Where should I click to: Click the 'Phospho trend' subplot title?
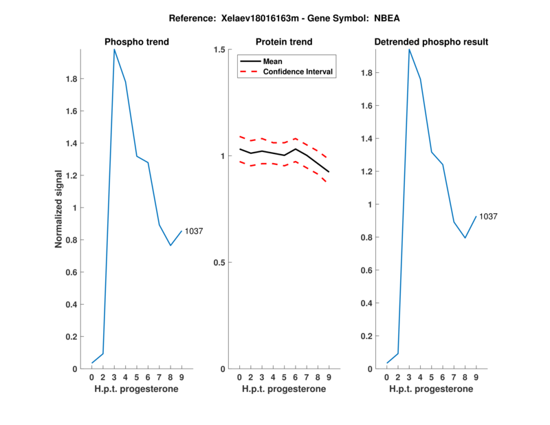[137, 42]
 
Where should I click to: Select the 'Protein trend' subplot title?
[284, 42]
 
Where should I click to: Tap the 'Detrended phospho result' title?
[431, 42]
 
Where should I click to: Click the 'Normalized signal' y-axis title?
[60, 209]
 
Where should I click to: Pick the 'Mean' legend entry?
[273, 61]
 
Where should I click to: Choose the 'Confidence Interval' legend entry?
[299, 72]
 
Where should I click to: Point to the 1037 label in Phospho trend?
[194, 232]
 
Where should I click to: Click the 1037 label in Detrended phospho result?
[488, 217]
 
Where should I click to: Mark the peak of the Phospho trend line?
[114, 50]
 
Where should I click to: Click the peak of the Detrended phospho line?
[409, 50]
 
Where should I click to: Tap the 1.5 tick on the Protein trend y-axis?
[220, 50]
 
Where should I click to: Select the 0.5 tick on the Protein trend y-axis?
[220, 263]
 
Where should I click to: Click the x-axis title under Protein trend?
[284, 389]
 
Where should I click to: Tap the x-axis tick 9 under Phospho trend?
[181, 377]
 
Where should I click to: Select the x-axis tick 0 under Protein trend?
[239, 377]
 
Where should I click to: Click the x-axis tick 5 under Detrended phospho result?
[431, 377]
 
